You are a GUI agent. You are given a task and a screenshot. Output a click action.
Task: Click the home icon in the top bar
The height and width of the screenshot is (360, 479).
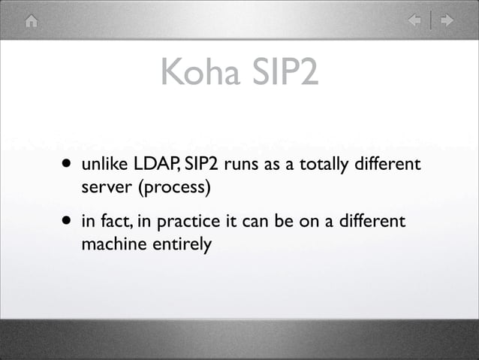tap(31, 20)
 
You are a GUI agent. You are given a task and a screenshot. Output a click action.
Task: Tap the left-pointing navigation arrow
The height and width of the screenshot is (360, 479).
tap(414, 20)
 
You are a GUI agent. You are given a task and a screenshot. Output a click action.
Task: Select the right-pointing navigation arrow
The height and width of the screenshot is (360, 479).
tap(447, 20)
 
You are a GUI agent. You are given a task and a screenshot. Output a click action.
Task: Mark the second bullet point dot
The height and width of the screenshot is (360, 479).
tap(68, 222)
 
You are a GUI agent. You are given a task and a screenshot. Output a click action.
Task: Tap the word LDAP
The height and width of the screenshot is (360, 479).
tap(153, 164)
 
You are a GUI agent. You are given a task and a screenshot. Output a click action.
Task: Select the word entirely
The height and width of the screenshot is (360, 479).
tap(181, 244)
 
